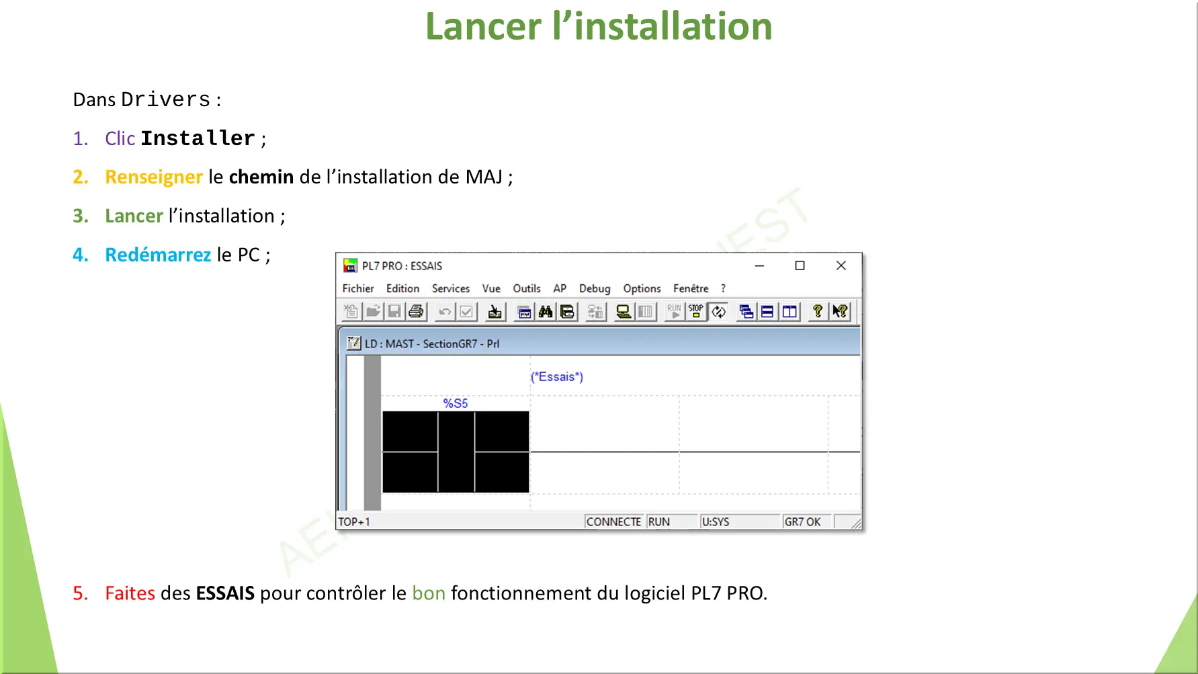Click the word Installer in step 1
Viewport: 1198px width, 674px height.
pyautogui.click(x=198, y=138)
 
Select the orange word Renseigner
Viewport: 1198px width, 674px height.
pyautogui.click(x=154, y=177)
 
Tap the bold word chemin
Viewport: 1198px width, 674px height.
pyautogui.click(x=261, y=177)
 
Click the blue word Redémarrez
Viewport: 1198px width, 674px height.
pyautogui.click(x=158, y=255)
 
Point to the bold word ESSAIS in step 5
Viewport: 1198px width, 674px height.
pyautogui.click(x=225, y=593)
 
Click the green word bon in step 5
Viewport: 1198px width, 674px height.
pyautogui.click(x=429, y=593)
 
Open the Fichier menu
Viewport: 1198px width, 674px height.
pyautogui.click(x=358, y=288)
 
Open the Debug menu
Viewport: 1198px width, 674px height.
pyautogui.click(x=595, y=288)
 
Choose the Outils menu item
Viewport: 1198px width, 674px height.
pyautogui.click(x=527, y=288)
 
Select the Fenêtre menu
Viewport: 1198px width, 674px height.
pyautogui.click(x=691, y=288)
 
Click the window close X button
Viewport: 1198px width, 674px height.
pyautogui.click(x=841, y=265)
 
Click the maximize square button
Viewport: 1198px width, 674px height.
pyautogui.click(x=800, y=265)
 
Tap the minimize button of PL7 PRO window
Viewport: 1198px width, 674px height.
pyautogui.click(x=759, y=265)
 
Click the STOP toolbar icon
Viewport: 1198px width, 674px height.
pyautogui.click(x=696, y=311)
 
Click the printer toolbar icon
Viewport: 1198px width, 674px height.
pyautogui.click(x=417, y=311)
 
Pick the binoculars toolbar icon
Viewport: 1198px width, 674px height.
pyautogui.click(x=546, y=311)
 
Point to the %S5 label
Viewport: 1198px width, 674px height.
pyautogui.click(x=456, y=403)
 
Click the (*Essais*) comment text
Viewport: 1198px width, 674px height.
pyautogui.click(x=557, y=377)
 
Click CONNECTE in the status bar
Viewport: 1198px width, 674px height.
pyautogui.click(x=613, y=521)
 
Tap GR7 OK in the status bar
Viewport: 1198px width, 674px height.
pyautogui.click(x=802, y=521)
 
